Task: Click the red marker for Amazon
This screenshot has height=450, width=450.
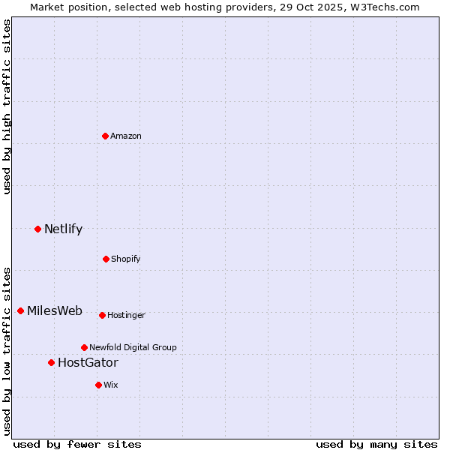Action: click(x=106, y=136)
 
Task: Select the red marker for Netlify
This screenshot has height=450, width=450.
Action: click(x=37, y=229)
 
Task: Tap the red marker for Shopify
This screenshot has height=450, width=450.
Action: click(x=106, y=259)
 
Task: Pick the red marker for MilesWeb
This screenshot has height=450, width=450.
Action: click(x=20, y=310)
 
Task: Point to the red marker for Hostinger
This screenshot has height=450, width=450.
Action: click(x=102, y=315)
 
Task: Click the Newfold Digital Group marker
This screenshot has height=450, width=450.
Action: click(x=84, y=347)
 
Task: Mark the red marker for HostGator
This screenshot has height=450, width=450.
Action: click(x=51, y=362)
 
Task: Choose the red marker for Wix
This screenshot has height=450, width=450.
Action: click(x=98, y=385)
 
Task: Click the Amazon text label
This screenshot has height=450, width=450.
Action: click(x=126, y=136)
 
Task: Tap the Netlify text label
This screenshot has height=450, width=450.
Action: click(x=63, y=229)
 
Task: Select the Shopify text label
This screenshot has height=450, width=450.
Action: click(x=126, y=259)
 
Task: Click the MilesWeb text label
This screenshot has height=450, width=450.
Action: click(x=55, y=310)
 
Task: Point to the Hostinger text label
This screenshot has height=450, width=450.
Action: click(x=126, y=315)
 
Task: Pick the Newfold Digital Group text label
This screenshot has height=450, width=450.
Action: click(x=133, y=347)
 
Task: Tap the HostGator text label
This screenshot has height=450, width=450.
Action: click(x=88, y=362)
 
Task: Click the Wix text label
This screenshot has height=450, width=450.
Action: click(x=111, y=385)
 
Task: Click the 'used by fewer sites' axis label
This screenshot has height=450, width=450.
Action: click(x=77, y=444)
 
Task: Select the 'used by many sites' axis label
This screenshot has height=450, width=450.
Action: click(x=376, y=444)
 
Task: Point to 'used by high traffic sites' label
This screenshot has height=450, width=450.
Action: click(x=7, y=106)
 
